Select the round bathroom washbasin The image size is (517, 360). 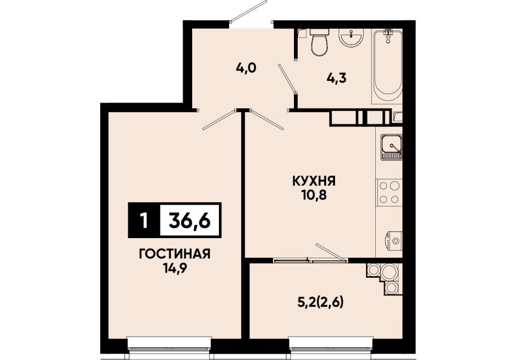point(352,38)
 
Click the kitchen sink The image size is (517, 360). point(392,147)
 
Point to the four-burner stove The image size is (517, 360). point(389,193)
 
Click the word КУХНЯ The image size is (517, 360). point(314,181)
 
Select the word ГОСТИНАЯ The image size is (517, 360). point(175,255)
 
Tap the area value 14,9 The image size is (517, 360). point(175,268)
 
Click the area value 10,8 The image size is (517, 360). point(314,195)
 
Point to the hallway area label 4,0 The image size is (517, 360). point(246,68)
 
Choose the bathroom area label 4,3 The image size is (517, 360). point(336,78)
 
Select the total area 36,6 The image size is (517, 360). point(189,220)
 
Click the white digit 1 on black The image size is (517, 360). point(143,221)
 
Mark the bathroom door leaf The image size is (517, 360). point(287,78)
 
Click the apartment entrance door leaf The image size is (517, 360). point(249,11)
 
